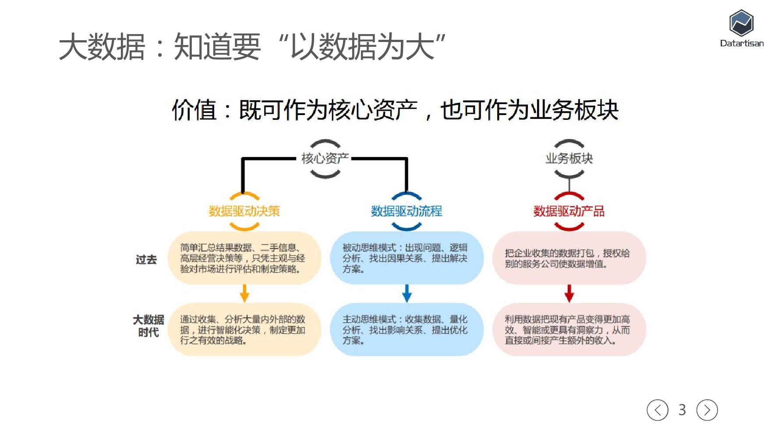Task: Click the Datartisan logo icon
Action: click(741, 23)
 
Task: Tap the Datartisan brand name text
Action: click(742, 43)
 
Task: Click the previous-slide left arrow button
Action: click(657, 410)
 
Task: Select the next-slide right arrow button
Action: click(707, 410)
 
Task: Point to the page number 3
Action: click(682, 410)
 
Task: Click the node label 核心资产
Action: click(325, 158)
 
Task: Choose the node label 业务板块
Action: click(569, 158)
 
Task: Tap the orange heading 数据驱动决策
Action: click(244, 211)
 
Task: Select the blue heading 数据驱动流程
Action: click(407, 211)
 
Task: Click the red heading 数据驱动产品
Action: click(569, 211)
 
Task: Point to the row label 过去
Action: click(146, 260)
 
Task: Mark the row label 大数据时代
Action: click(149, 326)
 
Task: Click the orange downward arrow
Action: click(244, 293)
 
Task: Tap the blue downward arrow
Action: click(407, 293)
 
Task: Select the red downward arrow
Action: click(569, 293)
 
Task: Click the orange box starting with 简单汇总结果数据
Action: click(244, 258)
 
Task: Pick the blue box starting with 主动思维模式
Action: click(407, 330)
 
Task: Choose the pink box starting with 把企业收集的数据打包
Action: click(569, 258)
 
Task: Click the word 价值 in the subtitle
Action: click(194, 110)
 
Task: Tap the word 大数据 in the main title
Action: click(102, 47)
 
